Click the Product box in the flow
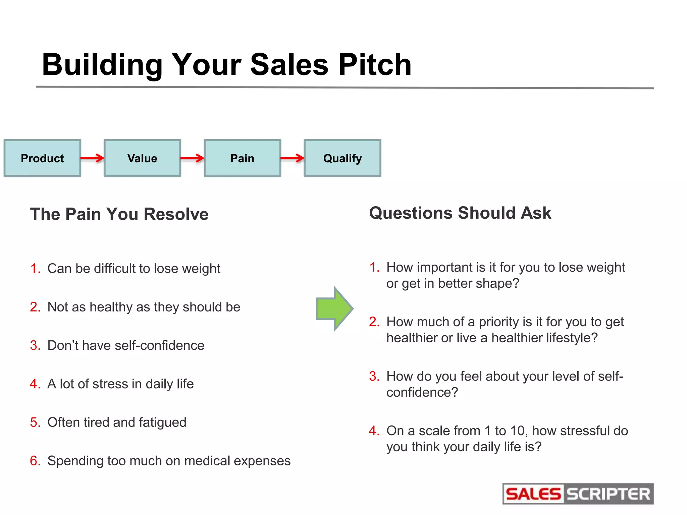pos(42,158)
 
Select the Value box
pos(142,158)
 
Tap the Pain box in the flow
pos(242,158)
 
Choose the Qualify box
pos(342,158)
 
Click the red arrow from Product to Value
pos(92,158)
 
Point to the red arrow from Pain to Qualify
pos(292,158)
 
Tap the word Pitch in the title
pos(375,64)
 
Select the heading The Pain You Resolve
pos(119,214)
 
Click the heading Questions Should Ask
pos(460,213)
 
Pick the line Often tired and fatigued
pos(117,422)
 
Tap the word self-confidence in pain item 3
pos(159,345)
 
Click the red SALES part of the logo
pos(533,494)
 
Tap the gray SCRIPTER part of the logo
pos(608,494)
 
